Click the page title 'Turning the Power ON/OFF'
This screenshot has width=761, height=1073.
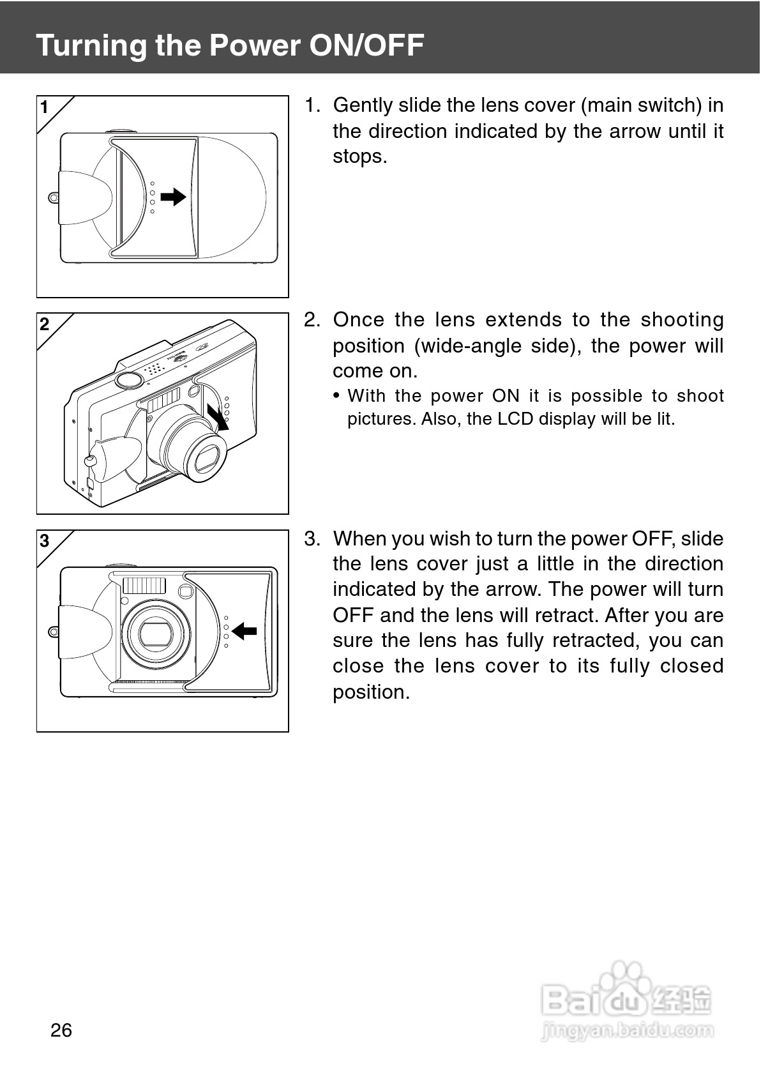pyautogui.click(x=230, y=45)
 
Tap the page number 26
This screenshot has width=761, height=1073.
pyautogui.click(x=61, y=1030)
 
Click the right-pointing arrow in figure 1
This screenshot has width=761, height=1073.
pyautogui.click(x=173, y=197)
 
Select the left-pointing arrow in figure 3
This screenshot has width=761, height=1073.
pyautogui.click(x=244, y=631)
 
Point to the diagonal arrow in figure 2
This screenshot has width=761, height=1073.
pyautogui.click(x=218, y=416)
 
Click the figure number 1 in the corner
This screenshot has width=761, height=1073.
pyautogui.click(x=44, y=107)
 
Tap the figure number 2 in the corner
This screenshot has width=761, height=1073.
pyautogui.click(x=44, y=324)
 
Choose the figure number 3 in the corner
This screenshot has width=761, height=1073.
pyautogui.click(x=44, y=542)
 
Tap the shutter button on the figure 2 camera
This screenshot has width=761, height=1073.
pyautogui.click(x=129, y=379)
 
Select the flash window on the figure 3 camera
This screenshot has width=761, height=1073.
pyautogui.click(x=144, y=585)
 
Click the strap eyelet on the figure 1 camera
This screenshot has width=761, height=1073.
pyautogui.click(x=54, y=197)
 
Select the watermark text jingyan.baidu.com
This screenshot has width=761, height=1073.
pyautogui.click(x=627, y=1030)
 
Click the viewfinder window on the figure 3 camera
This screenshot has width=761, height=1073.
pyautogui.click(x=186, y=591)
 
